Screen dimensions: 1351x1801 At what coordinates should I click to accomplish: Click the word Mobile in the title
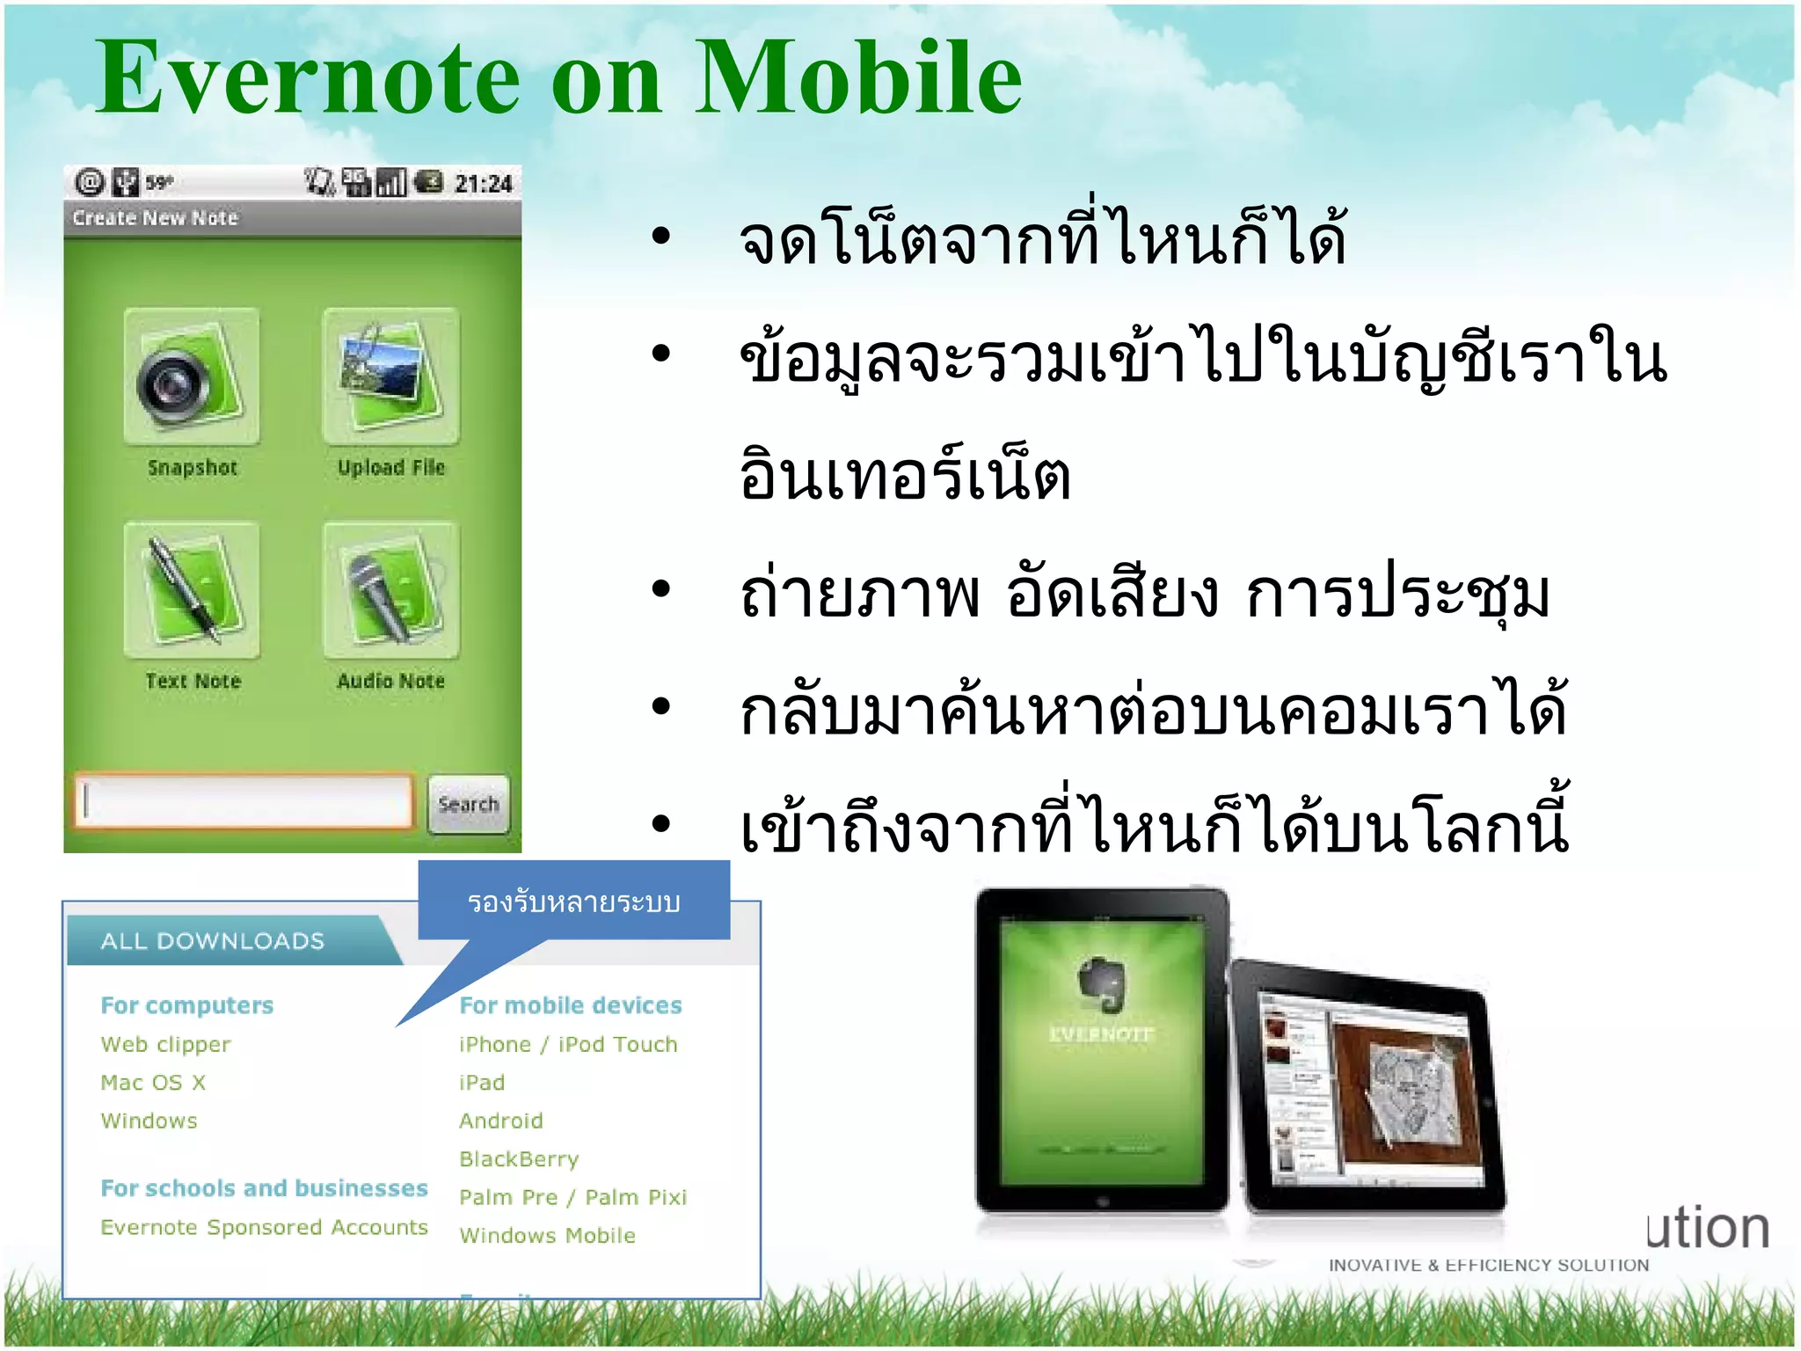coord(858,79)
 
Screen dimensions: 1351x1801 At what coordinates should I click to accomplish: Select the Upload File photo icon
coord(390,376)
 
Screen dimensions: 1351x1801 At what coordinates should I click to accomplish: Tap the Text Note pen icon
coord(192,590)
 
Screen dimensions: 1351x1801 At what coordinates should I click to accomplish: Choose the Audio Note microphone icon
coord(390,590)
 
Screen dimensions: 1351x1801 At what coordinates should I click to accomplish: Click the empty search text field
coord(244,801)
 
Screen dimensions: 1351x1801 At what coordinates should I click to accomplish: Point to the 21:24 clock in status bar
coord(483,184)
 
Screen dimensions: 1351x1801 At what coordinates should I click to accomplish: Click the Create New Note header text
coord(156,218)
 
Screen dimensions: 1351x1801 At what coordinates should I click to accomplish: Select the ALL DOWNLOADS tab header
coord(213,941)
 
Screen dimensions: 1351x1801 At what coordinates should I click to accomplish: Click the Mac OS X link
coord(153,1083)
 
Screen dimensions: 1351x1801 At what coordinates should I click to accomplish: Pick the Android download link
coord(500,1121)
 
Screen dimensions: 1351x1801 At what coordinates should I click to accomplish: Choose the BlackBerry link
coord(519,1159)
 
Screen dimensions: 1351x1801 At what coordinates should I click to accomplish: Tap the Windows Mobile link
coord(547,1236)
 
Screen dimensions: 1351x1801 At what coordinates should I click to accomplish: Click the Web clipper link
coord(165,1045)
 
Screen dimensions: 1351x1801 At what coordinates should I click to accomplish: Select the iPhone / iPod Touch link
coord(568,1045)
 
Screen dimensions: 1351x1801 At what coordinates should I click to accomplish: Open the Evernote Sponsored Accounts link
coord(264,1228)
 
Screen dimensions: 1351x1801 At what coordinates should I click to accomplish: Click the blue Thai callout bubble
coord(573,902)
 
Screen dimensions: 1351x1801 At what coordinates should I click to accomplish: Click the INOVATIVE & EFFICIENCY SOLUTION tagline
coord(1488,1266)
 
